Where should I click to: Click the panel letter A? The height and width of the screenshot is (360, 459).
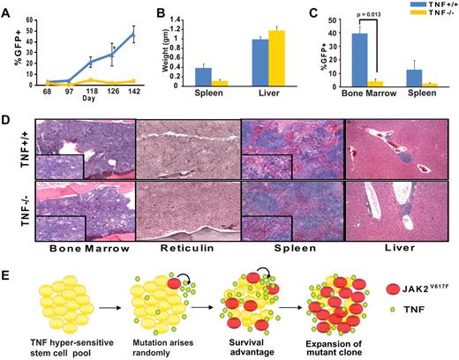point(7,10)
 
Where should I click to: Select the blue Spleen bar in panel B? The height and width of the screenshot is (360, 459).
point(202,76)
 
